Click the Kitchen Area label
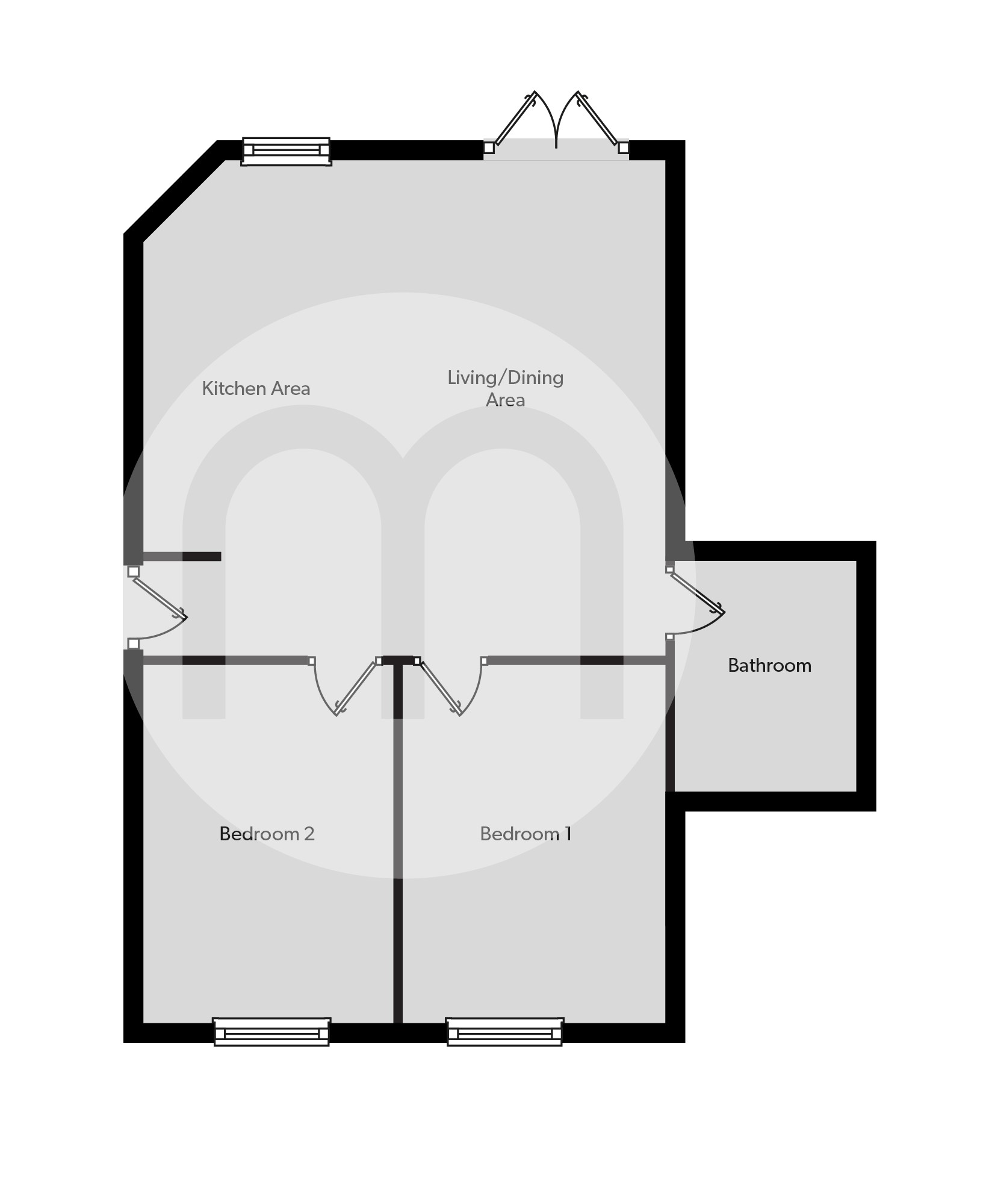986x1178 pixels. click(256, 388)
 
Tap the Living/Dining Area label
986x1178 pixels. click(505, 388)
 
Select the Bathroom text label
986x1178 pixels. click(769, 665)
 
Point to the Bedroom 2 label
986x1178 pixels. click(267, 834)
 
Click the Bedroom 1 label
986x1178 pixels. click(526, 834)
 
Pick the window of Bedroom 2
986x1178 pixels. click(271, 1032)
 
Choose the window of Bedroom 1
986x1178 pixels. click(504, 1032)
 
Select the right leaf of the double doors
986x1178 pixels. click(600, 119)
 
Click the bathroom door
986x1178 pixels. click(696, 592)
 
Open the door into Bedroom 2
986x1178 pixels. click(356, 687)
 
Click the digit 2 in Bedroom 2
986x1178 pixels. click(309, 834)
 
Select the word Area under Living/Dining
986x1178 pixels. click(505, 400)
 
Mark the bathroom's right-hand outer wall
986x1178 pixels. click(866, 675)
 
